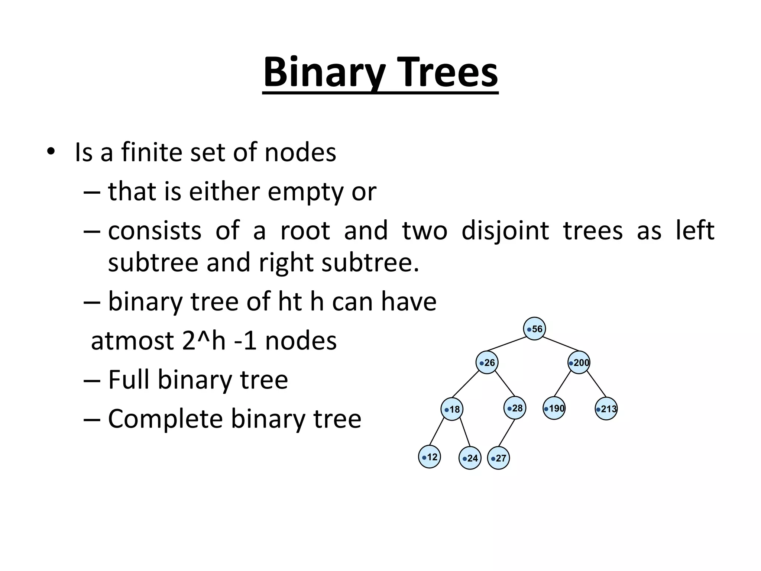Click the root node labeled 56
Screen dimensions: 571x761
coord(534,329)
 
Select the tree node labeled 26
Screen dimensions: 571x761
coord(487,362)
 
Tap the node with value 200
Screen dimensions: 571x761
coord(579,362)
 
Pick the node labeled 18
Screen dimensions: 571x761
coord(452,409)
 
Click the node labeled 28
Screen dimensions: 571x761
coord(515,408)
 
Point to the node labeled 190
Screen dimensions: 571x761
coord(554,409)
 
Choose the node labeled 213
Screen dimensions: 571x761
coord(606,409)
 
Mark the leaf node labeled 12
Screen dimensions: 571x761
coord(430,457)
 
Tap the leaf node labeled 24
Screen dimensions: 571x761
coord(470,458)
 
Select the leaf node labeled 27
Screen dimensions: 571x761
coord(498,458)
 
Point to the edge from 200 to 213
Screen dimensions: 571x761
coord(596,384)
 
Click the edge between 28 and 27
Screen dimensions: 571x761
coord(506,433)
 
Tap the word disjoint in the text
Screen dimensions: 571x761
coord(505,231)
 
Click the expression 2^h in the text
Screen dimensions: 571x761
coord(204,341)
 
